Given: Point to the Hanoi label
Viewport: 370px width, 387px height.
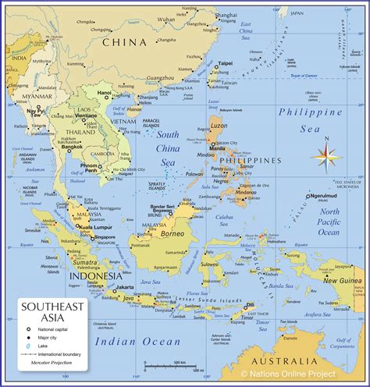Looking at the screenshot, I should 104,92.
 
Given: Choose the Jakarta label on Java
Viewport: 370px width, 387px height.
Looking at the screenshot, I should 124,286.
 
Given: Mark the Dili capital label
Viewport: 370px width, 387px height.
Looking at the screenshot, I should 250,304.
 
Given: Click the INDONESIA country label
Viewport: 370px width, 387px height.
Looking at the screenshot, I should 95,275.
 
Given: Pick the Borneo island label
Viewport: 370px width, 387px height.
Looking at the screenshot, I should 172,233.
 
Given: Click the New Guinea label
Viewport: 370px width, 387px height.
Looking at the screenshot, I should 340,280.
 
